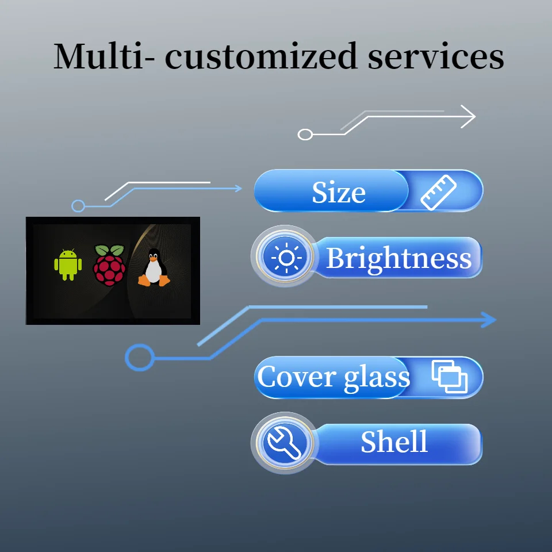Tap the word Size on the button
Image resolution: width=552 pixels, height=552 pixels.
(x=339, y=193)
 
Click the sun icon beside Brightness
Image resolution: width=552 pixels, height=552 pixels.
(x=286, y=258)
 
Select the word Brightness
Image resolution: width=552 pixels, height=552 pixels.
(x=398, y=258)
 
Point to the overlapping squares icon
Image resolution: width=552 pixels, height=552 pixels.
(x=450, y=377)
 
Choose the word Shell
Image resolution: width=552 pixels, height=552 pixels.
(x=394, y=442)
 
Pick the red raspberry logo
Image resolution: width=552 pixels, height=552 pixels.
(x=109, y=265)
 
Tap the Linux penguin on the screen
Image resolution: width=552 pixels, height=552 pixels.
(x=154, y=267)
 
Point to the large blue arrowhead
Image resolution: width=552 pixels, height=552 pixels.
(x=488, y=320)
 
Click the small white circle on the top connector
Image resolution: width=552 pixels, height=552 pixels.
(x=305, y=135)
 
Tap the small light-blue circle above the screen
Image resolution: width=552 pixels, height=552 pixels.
(x=78, y=206)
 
